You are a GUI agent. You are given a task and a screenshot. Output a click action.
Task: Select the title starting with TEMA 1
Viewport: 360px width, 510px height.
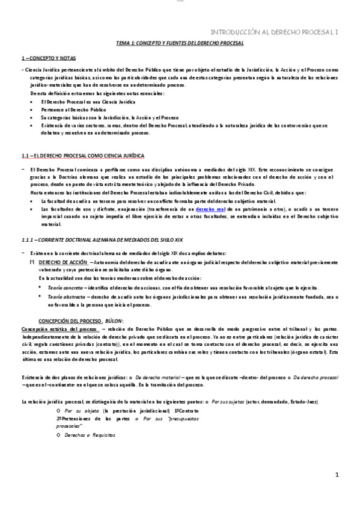click(x=179, y=45)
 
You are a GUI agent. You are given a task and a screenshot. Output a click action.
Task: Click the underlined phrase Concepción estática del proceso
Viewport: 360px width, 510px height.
click(x=59, y=330)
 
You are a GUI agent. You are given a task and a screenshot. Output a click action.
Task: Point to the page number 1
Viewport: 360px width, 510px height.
click(x=337, y=475)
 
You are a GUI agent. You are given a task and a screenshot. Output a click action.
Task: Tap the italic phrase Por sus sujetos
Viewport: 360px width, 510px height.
click(x=224, y=401)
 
